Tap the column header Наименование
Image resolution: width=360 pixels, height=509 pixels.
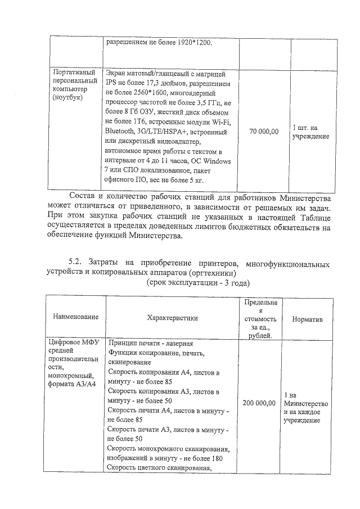pos(76,317)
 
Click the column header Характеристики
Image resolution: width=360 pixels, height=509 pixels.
pos(172,318)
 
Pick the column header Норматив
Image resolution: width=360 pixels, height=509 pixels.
pos(307,318)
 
